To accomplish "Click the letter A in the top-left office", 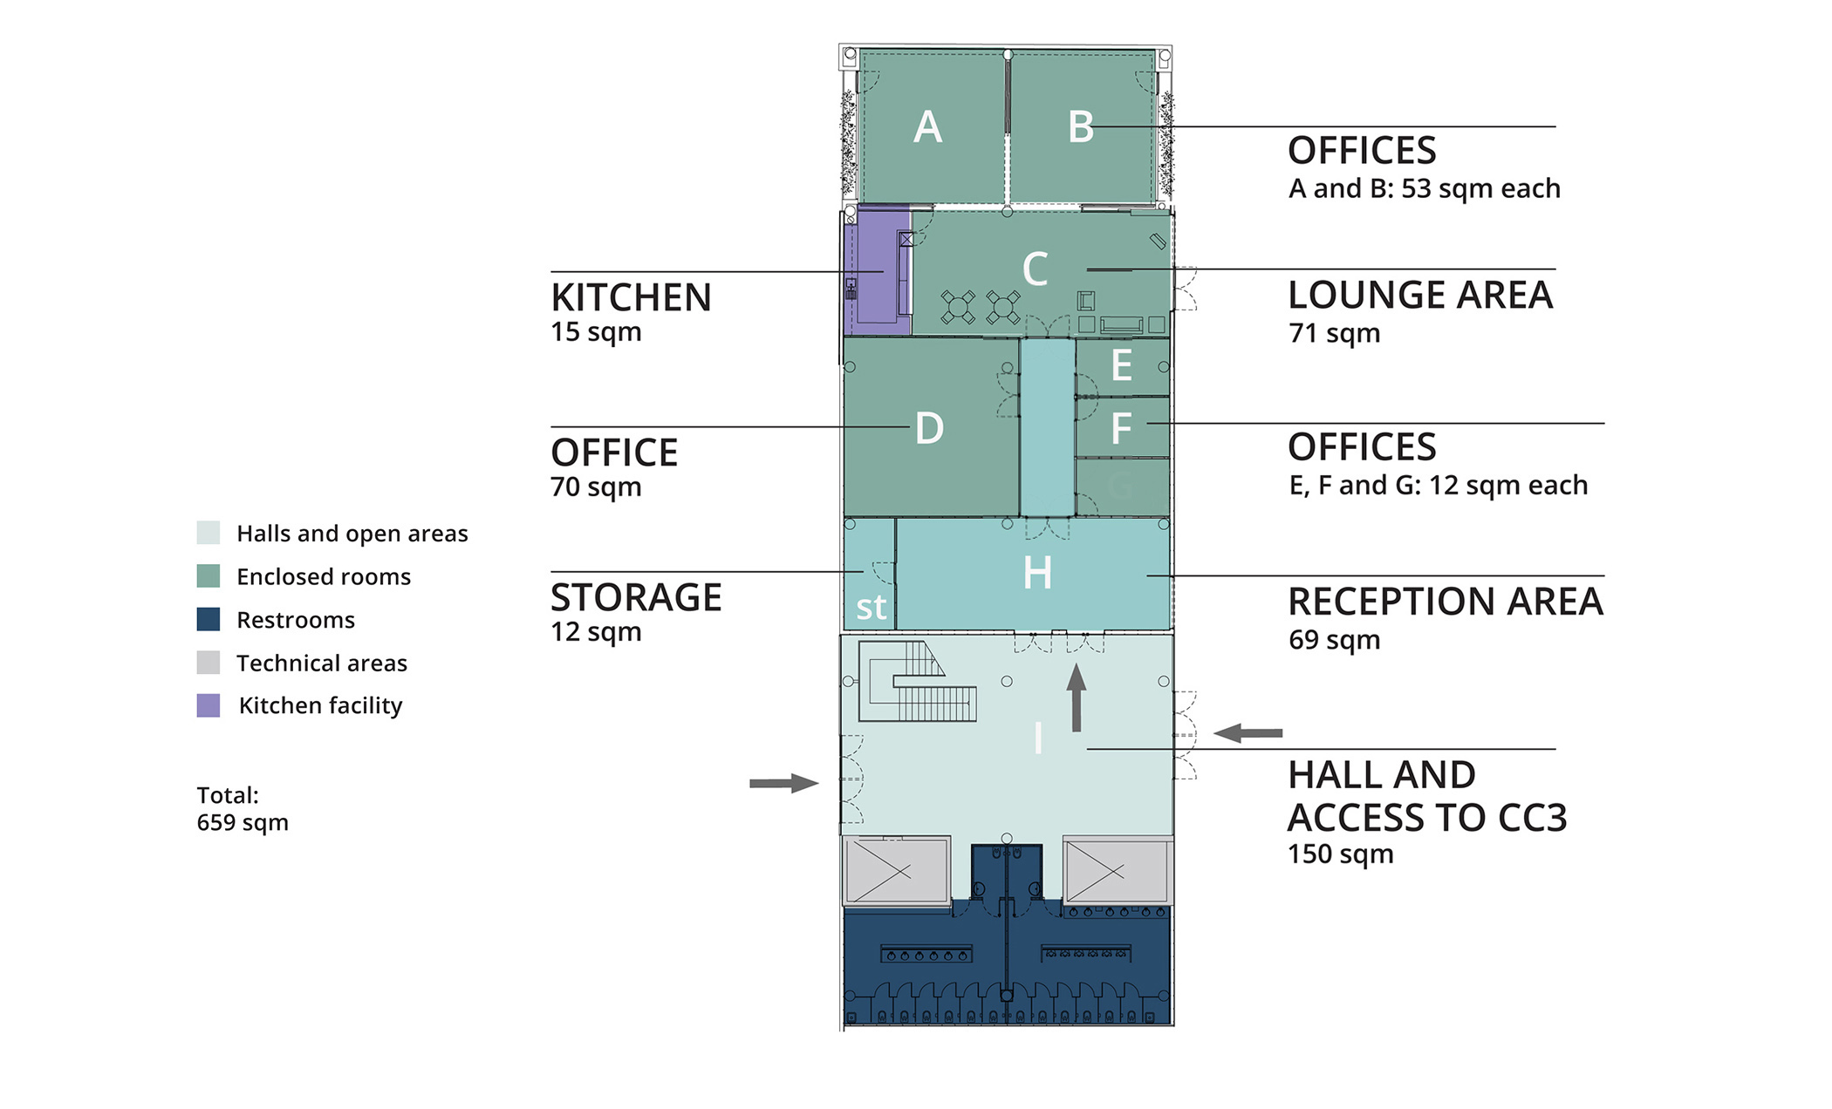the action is coord(927,127).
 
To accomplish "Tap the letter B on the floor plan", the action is coord(1081,127).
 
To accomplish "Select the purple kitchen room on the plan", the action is coord(878,270).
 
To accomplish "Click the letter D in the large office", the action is coord(929,429).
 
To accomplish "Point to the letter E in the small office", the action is coord(1122,365).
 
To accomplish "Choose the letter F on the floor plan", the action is coord(1122,428).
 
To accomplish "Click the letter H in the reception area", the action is coord(1037,574).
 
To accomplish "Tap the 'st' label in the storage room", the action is coord(871,607).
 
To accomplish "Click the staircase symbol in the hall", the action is coord(917,682).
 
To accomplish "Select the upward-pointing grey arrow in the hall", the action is coord(1077,697).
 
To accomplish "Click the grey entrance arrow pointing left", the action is coord(1248,733).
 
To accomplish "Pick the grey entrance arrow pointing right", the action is coord(784,783).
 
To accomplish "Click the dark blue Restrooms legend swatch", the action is coord(208,619).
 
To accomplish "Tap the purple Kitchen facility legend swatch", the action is coord(208,705).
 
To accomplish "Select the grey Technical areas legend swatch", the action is coord(208,663).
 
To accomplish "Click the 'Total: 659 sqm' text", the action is coord(243,809).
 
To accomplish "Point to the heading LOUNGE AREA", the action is coord(1420,296).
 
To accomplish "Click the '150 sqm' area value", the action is coord(1341,854).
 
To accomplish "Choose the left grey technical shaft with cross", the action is coord(896,870).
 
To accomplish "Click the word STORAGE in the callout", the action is coord(636,598).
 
